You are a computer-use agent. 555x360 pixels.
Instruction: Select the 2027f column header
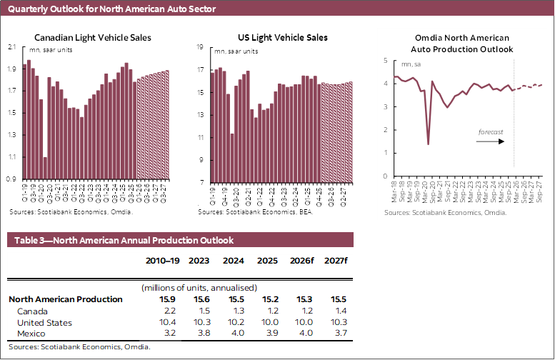336,261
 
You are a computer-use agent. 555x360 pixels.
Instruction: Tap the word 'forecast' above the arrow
491,131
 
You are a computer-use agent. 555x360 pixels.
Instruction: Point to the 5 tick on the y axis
385,61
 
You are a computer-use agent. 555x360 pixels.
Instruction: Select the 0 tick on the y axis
385,176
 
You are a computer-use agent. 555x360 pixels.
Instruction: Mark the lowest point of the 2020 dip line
428,144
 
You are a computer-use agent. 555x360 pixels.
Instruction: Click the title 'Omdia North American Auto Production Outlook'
462,44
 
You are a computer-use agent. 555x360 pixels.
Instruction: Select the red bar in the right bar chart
230,114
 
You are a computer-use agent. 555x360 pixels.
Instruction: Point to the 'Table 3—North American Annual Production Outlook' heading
121,240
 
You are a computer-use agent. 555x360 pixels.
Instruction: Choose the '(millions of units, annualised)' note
198,286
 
